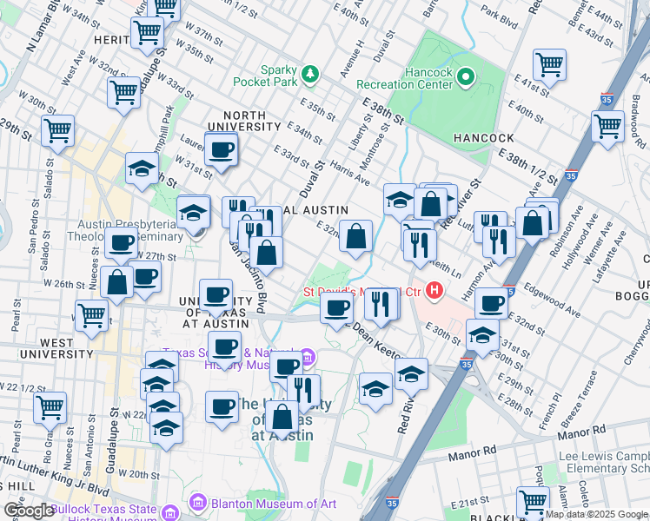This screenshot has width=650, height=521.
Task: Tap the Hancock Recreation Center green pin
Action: point(466,78)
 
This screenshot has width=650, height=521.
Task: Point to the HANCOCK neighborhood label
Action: point(483,138)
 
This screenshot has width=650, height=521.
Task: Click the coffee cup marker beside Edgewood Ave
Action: point(492,302)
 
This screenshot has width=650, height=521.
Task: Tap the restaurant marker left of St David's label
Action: point(381,301)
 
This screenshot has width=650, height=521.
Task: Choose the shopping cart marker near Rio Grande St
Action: point(50,405)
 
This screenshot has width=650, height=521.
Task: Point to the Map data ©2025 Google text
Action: point(596,514)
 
